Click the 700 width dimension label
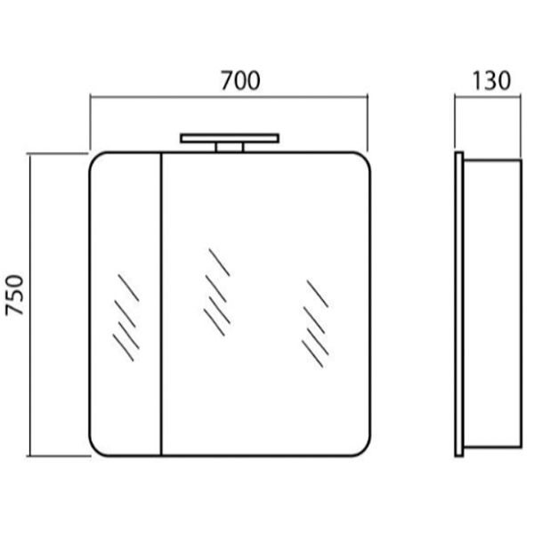coord(240,80)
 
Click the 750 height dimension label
coord(14,295)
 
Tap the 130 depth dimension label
coord(491,81)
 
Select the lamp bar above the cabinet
coord(230,138)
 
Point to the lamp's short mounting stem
coord(230,148)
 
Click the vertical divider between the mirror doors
coord(161,303)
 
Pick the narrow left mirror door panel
coord(125,303)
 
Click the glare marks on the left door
coord(126,318)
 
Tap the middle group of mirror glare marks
coord(217,292)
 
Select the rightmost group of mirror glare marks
coord(315,324)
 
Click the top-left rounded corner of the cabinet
coord(97,160)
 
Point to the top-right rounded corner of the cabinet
coord(362,160)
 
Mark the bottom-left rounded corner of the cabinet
coord(97,448)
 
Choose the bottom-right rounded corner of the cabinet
coord(362,448)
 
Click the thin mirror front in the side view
coord(459,304)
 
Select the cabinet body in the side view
coord(492,303)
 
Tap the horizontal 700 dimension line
coord(229,97)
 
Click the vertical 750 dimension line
coord(30,304)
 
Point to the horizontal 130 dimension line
coord(488,97)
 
